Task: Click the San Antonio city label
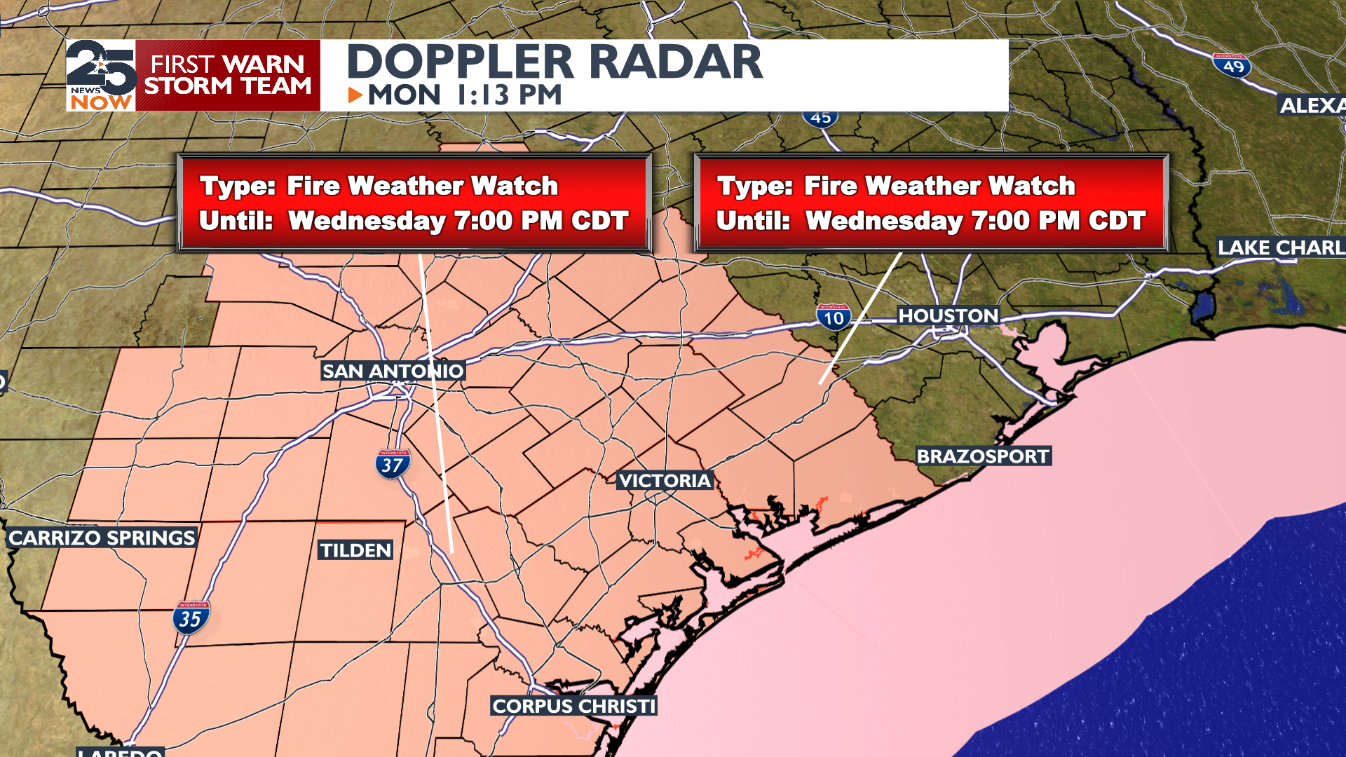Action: [x=393, y=371]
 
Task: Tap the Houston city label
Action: [x=948, y=316]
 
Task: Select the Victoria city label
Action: [x=665, y=481]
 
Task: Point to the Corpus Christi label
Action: [x=573, y=706]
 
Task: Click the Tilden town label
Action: [x=356, y=550]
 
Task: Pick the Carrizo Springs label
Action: [x=102, y=538]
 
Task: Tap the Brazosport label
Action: [x=983, y=456]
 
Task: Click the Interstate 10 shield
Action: [x=834, y=318]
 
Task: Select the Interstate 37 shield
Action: [x=393, y=464]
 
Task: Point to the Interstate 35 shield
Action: [x=191, y=618]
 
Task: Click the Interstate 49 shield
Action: [x=1232, y=66]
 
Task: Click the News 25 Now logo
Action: [x=102, y=76]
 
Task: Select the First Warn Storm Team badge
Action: [x=228, y=76]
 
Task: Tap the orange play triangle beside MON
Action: [x=355, y=95]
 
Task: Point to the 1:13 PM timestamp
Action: [x=509, y=95]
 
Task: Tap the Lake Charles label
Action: [x=1280, y=247]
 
